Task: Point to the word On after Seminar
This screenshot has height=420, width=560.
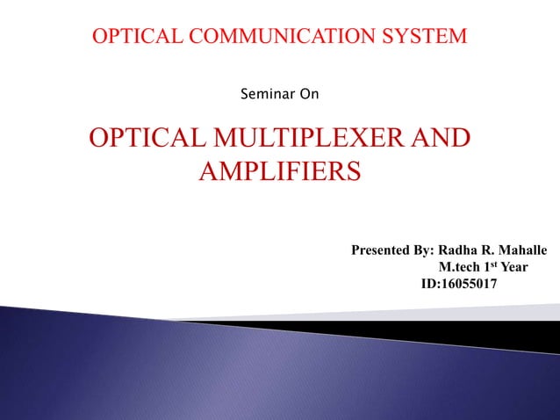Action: [x=309, y=92]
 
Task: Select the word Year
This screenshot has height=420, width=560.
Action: [x=513, y=268]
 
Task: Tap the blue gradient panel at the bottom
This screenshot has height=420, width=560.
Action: [x=219, y=378]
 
